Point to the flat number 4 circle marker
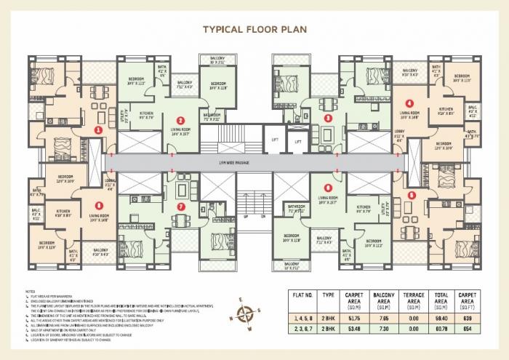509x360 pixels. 411,103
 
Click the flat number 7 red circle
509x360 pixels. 181,207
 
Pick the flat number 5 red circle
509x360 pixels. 412,195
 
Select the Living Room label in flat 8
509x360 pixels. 98,216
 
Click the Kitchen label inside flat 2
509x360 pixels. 146,114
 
